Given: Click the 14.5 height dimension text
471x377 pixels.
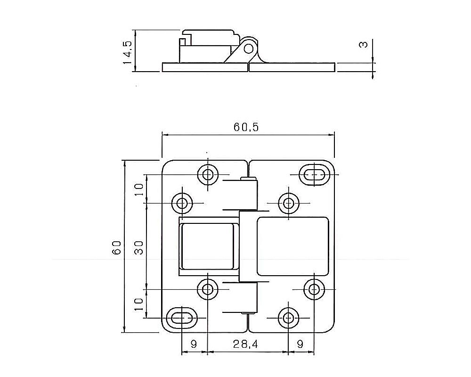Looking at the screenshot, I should [127, 51].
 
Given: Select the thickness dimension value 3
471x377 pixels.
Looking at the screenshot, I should [363, 45].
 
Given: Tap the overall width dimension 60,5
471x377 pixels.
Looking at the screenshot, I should [246, 127].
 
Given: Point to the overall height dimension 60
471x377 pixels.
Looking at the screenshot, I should [117, 247].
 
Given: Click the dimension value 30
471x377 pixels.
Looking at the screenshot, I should [138, 247].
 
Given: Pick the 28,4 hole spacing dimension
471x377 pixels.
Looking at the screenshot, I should [245, 344].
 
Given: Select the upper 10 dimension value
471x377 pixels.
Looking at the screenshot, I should [138, 189].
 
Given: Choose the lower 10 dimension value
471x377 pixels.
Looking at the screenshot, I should [138, 304].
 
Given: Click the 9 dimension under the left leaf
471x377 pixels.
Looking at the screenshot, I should [194, 344].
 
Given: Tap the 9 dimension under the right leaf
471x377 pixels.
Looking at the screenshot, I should [300, 344].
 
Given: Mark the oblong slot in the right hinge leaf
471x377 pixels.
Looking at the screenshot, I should [315, 175].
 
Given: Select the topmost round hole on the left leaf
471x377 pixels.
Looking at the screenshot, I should [207, 174].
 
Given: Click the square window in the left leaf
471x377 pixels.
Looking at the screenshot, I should [208, 247].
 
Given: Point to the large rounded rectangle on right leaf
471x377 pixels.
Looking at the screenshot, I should [292, 246].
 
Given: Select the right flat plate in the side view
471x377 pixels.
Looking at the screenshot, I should [292, 67].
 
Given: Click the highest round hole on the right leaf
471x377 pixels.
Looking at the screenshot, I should [288, 203].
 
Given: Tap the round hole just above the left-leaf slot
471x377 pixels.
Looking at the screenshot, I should [207, 289].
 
